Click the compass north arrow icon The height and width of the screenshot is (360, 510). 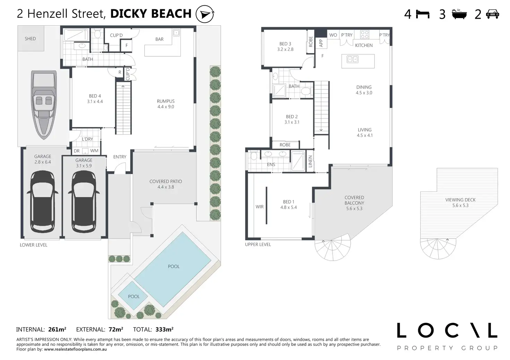coord(205,14)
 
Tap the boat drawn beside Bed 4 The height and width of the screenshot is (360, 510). coord(44,105)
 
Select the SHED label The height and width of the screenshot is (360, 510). coord(30,39)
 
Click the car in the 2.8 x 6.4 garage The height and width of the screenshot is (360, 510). coord(43,201)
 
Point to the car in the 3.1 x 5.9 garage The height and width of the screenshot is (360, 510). coord(84,201)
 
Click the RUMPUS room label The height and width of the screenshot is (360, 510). coord(166,101)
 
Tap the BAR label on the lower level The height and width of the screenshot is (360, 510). coord(159,39)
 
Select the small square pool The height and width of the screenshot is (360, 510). coord(133,296)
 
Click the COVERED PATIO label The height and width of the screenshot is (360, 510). coord(166,181)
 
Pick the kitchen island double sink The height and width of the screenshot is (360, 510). coord(352,59)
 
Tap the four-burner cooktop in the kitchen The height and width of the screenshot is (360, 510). coord(364,35)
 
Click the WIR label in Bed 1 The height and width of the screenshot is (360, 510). coord(260,207)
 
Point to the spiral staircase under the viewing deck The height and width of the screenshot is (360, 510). coord(438,249)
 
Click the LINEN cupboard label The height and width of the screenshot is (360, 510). coord(310,161)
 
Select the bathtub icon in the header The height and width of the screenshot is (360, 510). coord(459,14)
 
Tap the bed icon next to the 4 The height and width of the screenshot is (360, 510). coord(423,14)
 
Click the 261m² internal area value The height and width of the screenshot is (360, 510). coord(57,329)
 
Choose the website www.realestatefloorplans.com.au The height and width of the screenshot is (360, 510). coord(76,349)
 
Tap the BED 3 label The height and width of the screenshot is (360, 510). coord(285,44)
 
